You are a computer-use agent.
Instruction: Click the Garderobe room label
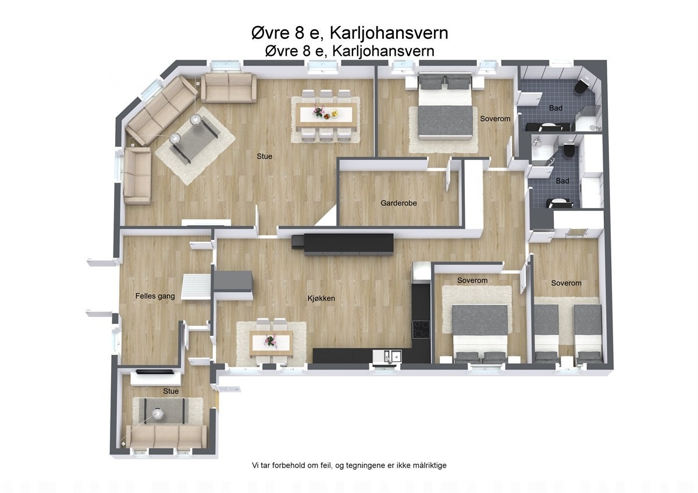coord(398,203)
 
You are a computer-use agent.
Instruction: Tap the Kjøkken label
coord(321,299)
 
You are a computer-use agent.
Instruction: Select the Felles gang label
coord(155,296)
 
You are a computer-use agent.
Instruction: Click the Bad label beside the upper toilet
coord(555,108)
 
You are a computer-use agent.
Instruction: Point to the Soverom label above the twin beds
coord(566,283)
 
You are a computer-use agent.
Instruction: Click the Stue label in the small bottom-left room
coord(171,391)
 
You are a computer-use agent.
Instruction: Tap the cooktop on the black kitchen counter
coord(421,330)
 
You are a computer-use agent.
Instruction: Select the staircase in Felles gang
coord(196,287)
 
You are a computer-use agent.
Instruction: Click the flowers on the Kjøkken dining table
coord(269,340)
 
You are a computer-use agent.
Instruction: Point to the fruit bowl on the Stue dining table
coord(333,114)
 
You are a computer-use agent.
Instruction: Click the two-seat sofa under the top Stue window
coord(229,88)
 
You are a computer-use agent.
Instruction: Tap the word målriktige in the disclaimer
coord(428,466)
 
